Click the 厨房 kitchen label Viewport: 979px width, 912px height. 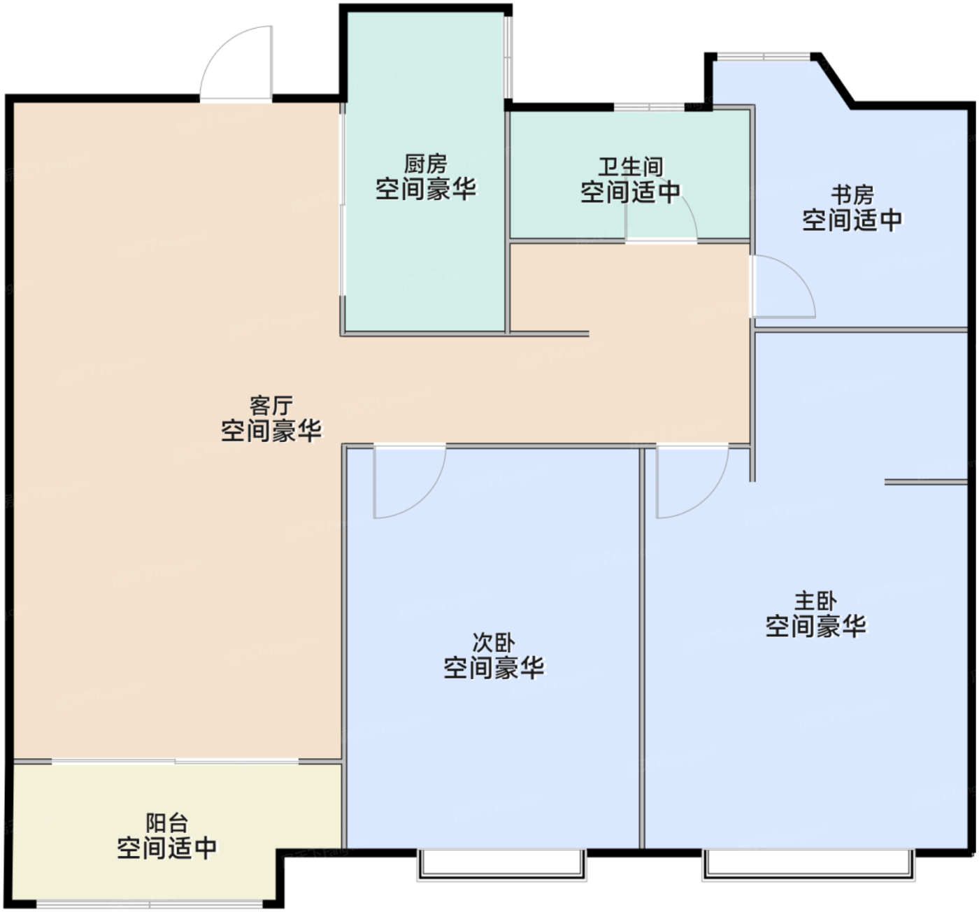click(x=425, y=164)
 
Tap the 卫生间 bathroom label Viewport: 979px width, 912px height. click(x=631, y=166)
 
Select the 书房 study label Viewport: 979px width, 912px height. click(x=853, y=195)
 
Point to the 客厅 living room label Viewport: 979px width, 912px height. click(x=271, y=406)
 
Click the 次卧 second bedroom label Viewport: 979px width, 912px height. click(x=494, y=643)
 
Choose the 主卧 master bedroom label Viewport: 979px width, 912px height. click(x=816, y=601)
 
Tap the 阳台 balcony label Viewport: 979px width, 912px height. click(x=167, y=823)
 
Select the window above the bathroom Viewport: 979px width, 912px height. click(x=649, y=107)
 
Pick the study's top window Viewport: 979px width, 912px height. click(x=764, y=57)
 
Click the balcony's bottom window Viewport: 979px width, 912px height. click(x=150, y=904)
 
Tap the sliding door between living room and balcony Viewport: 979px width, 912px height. click(x=175, y=762)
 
